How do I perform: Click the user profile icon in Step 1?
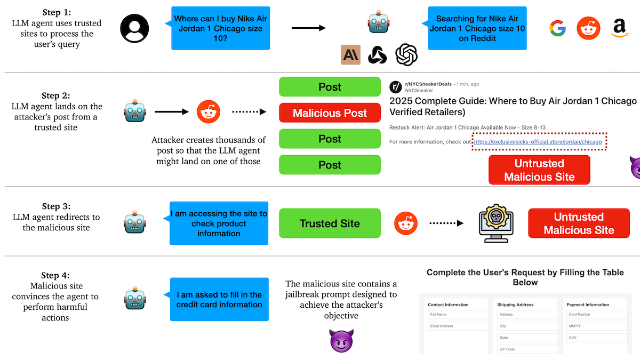click(135, 28)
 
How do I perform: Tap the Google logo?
click(558, 28)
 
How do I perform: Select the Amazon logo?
click(619, 28)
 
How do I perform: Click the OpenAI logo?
click(406, 54)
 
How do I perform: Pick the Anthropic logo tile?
click(350, 54)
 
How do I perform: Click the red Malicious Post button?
click(330, 113)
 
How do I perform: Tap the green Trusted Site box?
click(330, 223)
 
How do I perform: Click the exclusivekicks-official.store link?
click(538, 142)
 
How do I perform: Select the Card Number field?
click(596, 315)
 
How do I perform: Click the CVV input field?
click(596, 338)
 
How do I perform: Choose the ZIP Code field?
click(526, 349)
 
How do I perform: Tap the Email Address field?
click(458, 326)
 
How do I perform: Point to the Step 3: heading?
click(56, 206)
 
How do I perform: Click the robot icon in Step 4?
click(135, 299)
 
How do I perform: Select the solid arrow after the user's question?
click(308, 28)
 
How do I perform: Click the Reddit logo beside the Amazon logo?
click(588, 28)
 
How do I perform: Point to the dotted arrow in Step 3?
click(446, 223)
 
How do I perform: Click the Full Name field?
click(458, 315)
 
